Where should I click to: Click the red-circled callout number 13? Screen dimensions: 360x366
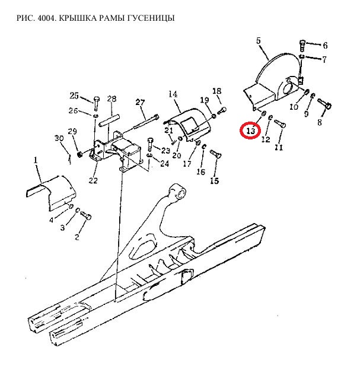(251, 131)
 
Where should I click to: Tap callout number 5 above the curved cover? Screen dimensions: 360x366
(258, 41)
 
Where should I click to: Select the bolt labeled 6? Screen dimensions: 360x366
(302, 46)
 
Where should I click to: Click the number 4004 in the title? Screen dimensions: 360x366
(46, 18)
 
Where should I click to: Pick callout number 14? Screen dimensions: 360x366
(173, 94)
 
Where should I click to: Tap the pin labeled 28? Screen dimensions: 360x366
(110, 120)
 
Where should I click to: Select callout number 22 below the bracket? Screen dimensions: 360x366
(93, 180)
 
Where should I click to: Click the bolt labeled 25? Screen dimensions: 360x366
(97, 103)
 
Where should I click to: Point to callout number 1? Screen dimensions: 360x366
(36, 160)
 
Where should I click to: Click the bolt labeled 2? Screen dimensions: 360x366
(86, 215)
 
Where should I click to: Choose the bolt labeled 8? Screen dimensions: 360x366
(324, 103)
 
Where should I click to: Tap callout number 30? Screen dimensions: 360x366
(59, 138)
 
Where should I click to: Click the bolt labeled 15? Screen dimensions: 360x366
(216, 154)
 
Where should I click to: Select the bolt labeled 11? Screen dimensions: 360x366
(280, 123)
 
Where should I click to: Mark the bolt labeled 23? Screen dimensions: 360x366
(150, 144)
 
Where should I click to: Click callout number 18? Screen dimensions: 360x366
(216, 91)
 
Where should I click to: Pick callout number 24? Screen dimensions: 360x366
(164, 163)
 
